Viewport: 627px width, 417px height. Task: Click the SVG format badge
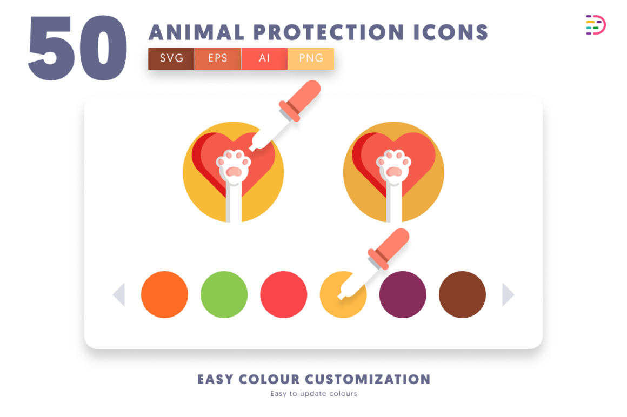(171, 58)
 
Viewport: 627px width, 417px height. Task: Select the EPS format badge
(218, 58)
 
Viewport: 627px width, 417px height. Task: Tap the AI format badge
(264, 58)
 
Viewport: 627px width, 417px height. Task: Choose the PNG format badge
(311, 58)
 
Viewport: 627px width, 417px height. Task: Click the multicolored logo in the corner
(596, 25)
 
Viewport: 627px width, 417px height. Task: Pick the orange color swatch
(164, 294)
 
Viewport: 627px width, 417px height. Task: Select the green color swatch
(224, 294)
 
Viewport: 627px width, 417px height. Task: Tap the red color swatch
(284, 294)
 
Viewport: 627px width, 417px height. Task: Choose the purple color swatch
(403, 294)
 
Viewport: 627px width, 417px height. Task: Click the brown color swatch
(462, 294)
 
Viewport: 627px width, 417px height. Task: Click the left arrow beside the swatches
(119, 294)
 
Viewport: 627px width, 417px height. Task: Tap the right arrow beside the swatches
(508, 294)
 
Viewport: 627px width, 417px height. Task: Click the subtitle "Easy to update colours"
(313, 394)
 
